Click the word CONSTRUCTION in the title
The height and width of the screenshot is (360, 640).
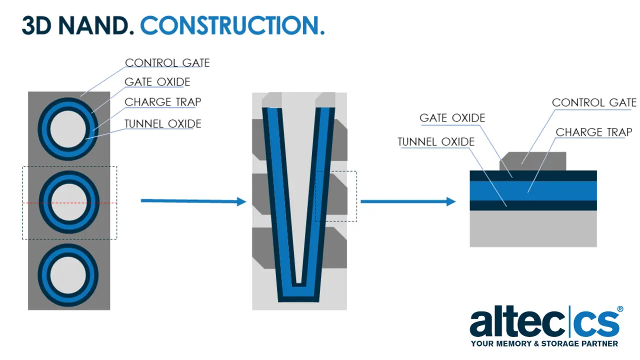tap(232, 25)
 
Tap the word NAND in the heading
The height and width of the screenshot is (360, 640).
tap(96, 25)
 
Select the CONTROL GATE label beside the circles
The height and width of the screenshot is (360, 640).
tap(167, 62)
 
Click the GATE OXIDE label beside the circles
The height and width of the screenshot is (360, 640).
tap(157, 81)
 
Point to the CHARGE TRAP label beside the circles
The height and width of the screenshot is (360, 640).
tap(163, 101)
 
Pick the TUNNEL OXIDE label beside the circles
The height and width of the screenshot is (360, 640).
tap(163, 123)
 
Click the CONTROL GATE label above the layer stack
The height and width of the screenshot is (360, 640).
tap(594, 102)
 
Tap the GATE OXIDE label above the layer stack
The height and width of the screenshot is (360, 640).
tap(452, 117)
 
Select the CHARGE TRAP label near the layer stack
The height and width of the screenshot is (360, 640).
tap(593, 132)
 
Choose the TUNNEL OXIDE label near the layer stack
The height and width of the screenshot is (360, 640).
tap(436, 141)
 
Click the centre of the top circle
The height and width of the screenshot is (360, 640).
tap(68, 129)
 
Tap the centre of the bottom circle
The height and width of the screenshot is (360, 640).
tap(68, 275)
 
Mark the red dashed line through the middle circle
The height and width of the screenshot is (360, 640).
tap(69, 203)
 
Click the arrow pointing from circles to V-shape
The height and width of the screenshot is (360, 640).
tap(193, 201)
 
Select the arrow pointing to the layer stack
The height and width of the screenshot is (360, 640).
tap(408, 201)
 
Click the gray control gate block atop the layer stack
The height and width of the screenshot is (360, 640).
tap(533, 161)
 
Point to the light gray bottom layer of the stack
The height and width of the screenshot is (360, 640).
tap(533, 228)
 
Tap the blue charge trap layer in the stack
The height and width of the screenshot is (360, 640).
tap(533, 191)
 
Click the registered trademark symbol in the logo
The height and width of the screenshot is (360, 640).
tap(620, 309)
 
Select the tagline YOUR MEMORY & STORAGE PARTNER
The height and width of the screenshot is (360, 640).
tap(544, 343)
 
